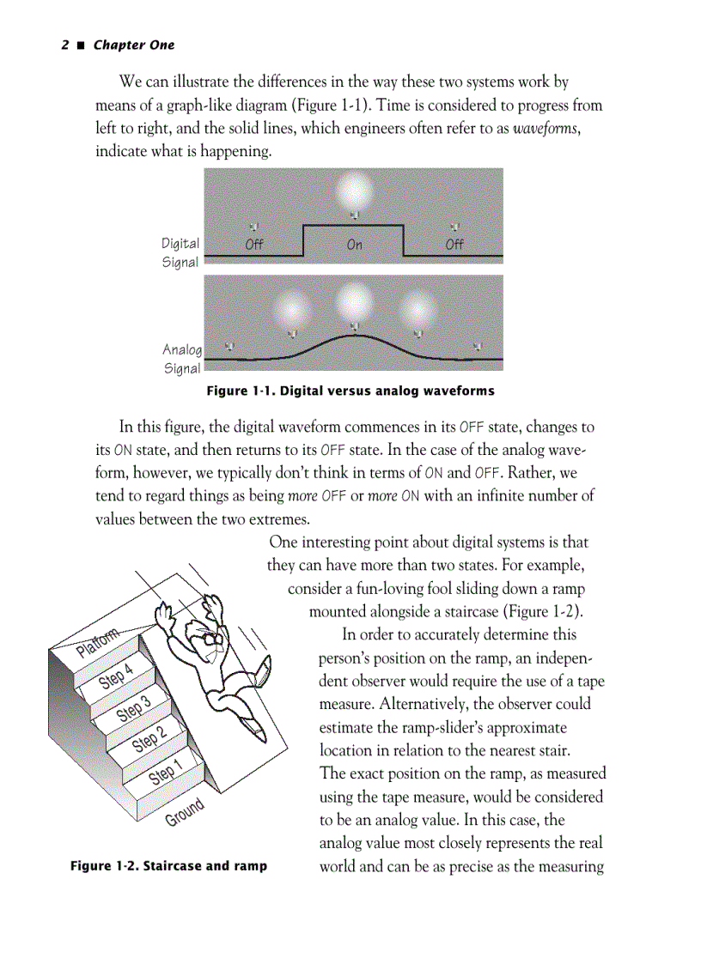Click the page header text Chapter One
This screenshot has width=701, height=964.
133,45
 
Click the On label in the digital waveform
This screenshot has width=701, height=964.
354,245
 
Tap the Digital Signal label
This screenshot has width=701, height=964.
180,253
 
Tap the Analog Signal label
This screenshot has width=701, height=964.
182,359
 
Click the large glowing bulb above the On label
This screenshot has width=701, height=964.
353,188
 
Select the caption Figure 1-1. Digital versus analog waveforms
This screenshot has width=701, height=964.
350,391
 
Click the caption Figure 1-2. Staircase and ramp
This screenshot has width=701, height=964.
168,865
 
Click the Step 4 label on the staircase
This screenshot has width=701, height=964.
116,676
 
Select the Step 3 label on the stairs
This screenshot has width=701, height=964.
134,709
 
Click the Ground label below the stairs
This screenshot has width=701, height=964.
185,812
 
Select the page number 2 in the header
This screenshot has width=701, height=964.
64,45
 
